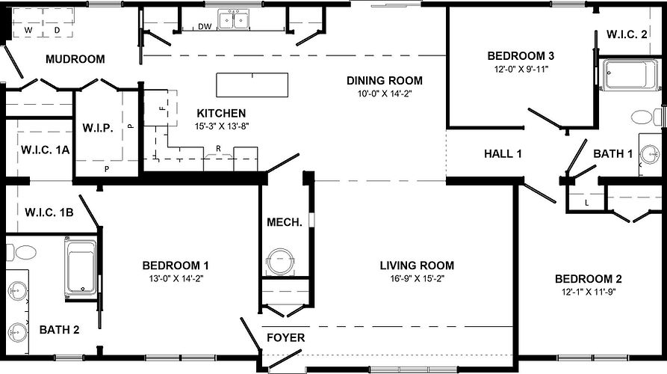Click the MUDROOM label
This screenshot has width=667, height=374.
[75, 59]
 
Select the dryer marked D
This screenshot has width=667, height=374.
[58, 30]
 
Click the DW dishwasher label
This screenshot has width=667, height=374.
[205, 28]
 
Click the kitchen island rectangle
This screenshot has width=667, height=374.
[252, 85]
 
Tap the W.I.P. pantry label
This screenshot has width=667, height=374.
[98, 128]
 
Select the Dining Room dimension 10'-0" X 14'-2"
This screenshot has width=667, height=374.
[384, 94]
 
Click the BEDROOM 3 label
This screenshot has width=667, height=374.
[521, 56]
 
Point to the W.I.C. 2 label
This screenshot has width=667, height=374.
[627, 34]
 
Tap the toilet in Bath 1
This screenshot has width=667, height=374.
[644, 117]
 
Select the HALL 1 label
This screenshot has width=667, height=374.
[503, 154]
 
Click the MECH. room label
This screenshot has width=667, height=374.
[284, 222]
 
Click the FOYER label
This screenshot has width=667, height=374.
[285, 338]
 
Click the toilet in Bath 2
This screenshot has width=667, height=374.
[21, 252]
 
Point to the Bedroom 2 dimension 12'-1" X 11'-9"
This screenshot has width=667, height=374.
[588, 292]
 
